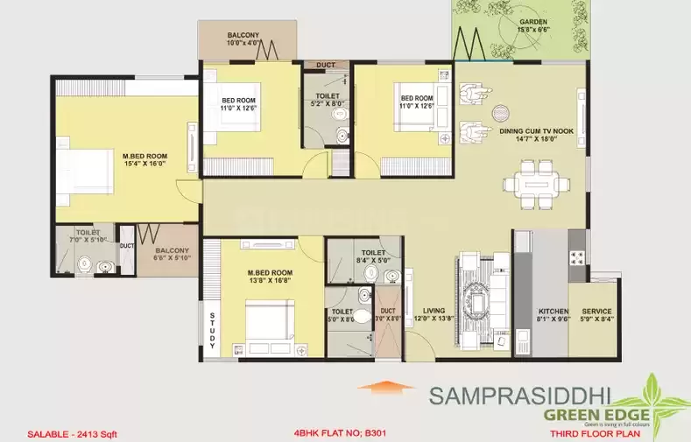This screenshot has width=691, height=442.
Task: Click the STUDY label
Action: tap(211, 332)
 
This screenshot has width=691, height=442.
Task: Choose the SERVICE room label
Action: tap(596, 311)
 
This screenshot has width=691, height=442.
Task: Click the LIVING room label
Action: tap(435, 311)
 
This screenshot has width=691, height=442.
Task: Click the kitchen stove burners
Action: tap(577, 257)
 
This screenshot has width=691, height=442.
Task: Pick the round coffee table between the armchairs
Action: tap(501, 112)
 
